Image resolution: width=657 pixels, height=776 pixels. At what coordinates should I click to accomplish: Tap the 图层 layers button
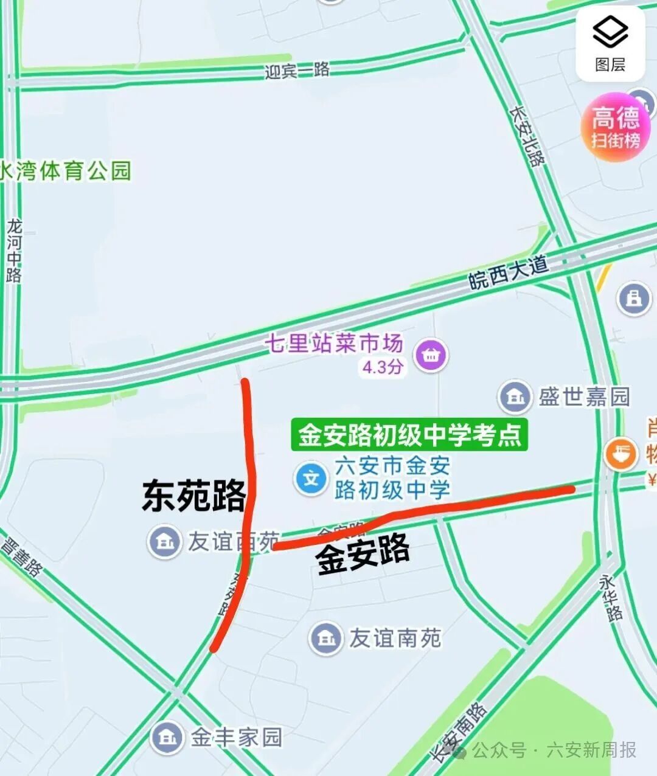610,43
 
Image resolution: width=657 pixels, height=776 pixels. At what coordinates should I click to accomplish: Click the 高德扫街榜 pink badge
616,127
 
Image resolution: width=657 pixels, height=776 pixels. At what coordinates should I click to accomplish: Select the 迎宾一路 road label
297,71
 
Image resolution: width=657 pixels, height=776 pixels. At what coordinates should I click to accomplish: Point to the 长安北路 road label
527,137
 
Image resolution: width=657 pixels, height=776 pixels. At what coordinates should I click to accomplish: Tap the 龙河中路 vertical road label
14,251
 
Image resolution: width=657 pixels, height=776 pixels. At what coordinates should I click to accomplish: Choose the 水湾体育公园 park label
66,171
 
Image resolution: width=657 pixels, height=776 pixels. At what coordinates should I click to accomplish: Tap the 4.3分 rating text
383,367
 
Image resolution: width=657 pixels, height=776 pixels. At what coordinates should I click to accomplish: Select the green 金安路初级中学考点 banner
409,435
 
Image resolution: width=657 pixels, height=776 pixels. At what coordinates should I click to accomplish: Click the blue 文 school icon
311,479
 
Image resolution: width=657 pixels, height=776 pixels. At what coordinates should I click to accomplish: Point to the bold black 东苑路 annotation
193,496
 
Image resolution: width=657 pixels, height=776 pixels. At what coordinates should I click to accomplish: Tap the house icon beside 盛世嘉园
515,397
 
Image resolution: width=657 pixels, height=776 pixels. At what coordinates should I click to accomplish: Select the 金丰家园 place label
237,738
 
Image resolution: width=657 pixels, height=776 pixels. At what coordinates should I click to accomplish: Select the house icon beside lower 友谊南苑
326,638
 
